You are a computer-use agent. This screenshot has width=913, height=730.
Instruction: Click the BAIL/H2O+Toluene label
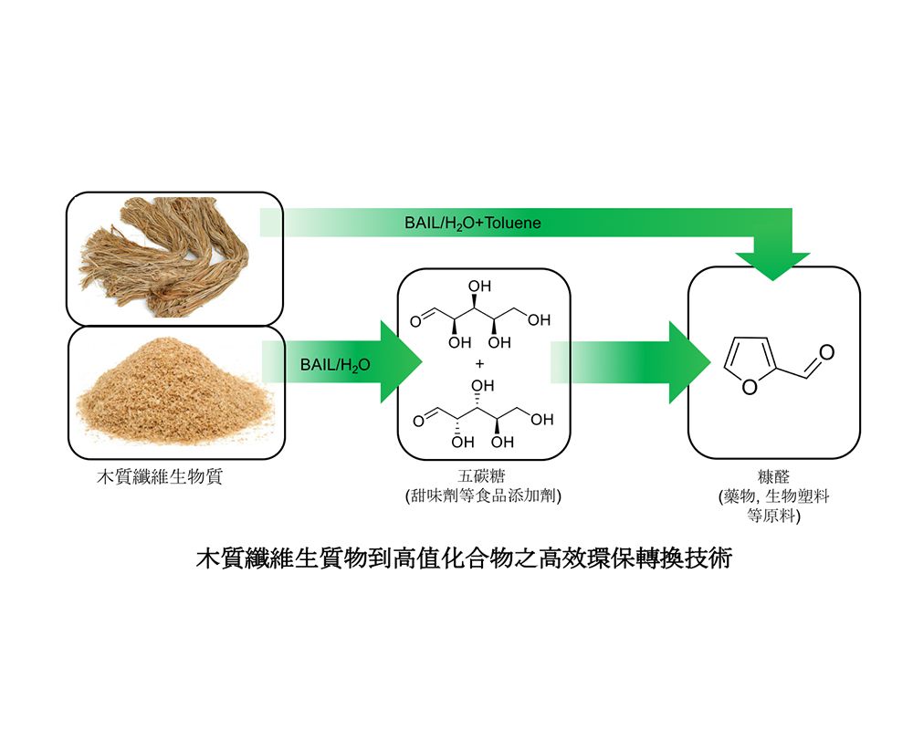[x=473, y=223]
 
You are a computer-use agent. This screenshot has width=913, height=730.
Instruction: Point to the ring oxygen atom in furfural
[x=750, y=388]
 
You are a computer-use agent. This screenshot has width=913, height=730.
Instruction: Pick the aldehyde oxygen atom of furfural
[x=825, y=352]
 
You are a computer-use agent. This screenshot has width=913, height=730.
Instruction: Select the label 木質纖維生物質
[x=160, y=477]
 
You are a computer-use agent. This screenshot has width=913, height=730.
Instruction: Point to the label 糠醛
[x=773, y=477]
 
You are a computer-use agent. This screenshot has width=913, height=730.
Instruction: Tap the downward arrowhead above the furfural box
[x=772, y=265]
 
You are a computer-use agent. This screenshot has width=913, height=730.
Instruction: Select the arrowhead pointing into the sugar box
[x=400, y=362]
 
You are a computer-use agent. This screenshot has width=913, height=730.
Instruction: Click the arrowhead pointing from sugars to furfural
[x=689, y=362]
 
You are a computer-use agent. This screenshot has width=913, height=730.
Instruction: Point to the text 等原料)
[x=773, y=516]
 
